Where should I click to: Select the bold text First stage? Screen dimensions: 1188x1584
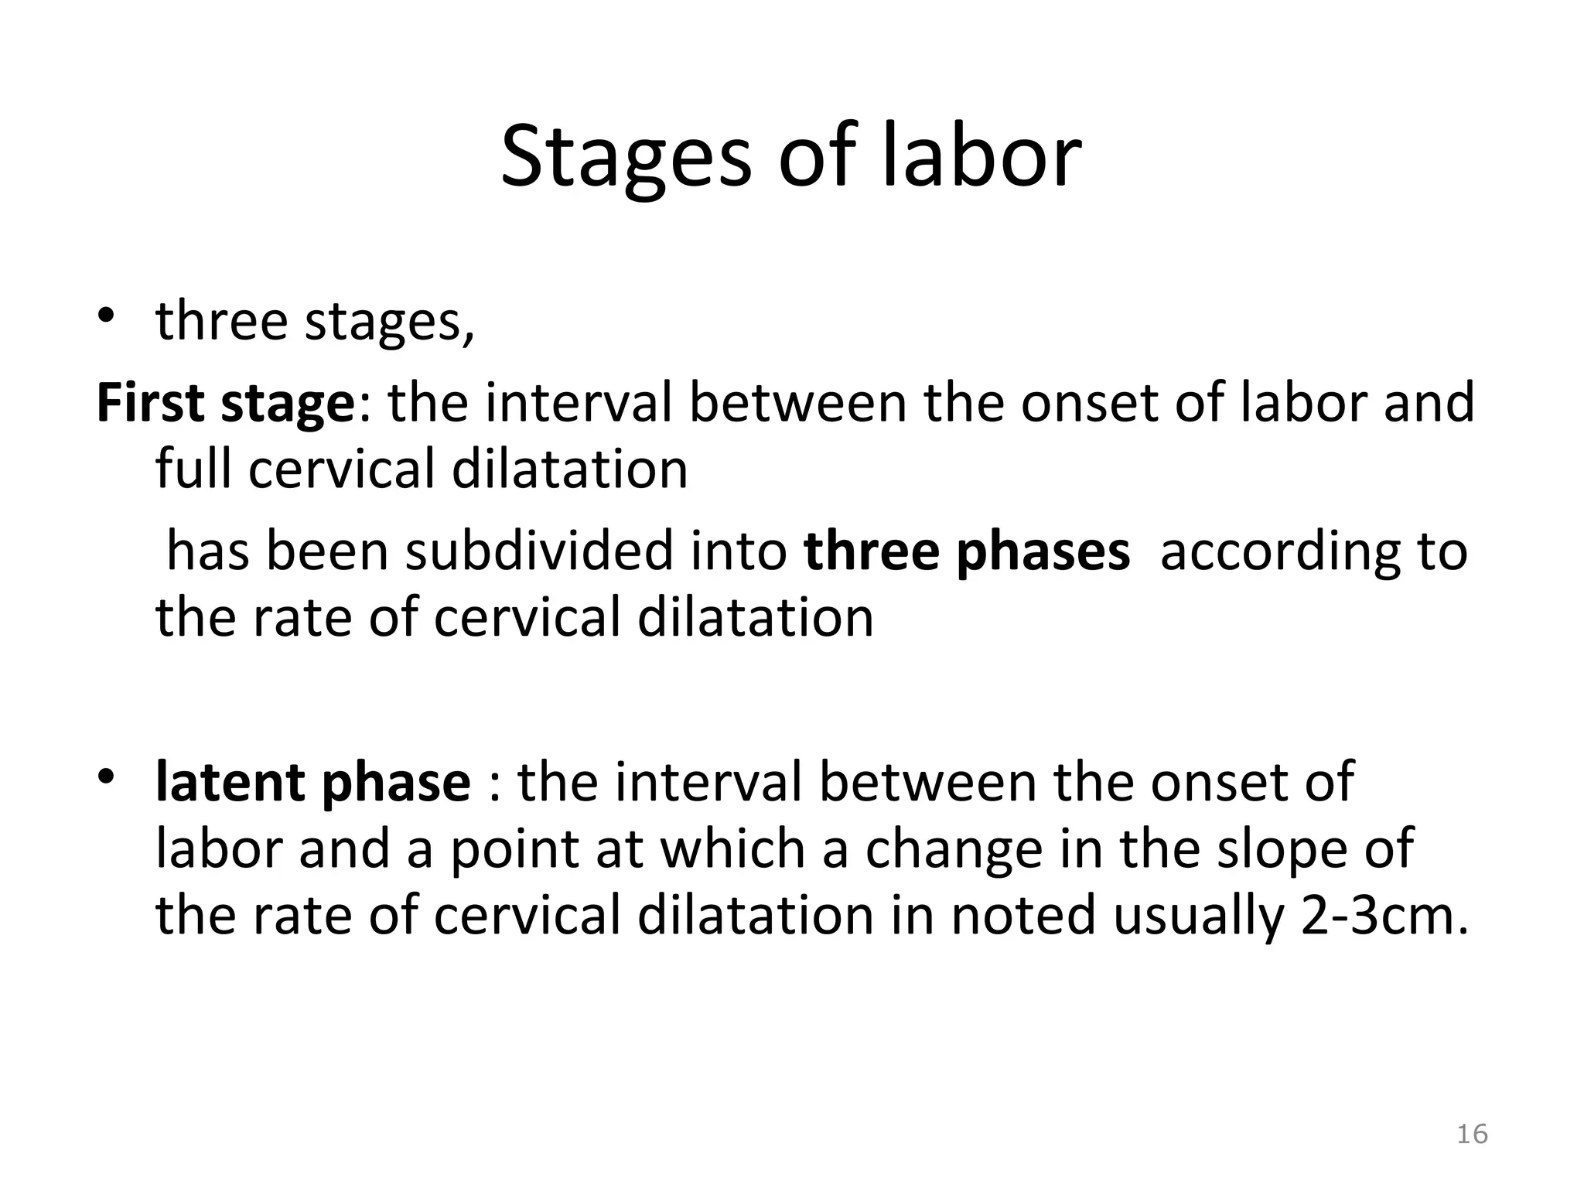224,404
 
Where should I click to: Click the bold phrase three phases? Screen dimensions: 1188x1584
967,551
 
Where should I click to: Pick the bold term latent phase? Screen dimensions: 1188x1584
313,782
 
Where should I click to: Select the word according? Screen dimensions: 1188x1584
1271,551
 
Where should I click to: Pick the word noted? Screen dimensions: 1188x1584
1022,915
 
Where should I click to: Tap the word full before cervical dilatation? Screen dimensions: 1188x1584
194,469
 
